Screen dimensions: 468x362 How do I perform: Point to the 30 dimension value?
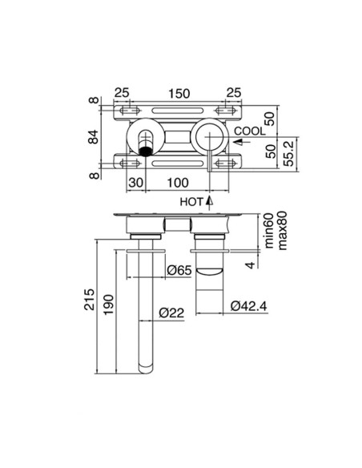(x=135, y=184)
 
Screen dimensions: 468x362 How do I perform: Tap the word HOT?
(x=191, y=201)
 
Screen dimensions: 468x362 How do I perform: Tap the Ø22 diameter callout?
(x=171, y=313)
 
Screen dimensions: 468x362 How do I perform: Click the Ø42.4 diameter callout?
(x=250, y=306)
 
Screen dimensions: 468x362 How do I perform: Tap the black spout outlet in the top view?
(x=146, y=149)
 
